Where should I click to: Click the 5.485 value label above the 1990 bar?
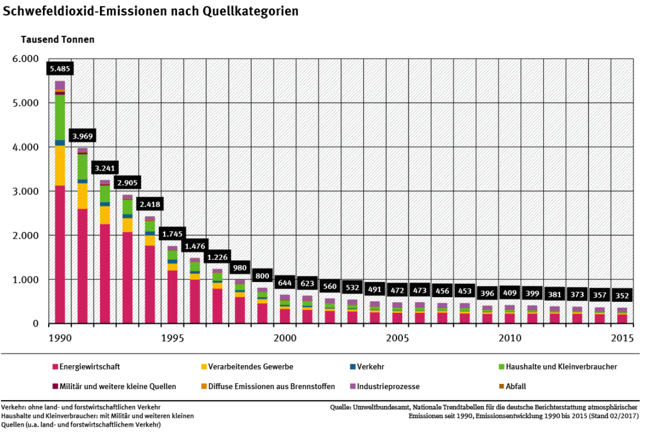[59, 69]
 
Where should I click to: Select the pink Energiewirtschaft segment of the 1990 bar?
[59, 254]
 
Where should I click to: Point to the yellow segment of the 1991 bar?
[82, 196]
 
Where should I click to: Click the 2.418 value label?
[150, 204]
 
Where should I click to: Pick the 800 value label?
[263, 276]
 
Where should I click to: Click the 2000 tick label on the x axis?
[284, 338]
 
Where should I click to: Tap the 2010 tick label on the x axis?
[509, 338]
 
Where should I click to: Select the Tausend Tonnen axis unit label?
[58, 40]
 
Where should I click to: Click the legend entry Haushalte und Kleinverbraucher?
[561, 366]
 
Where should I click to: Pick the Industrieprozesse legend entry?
[388, 386]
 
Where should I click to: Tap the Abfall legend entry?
[516, 386]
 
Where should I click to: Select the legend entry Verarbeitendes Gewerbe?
[250, 366]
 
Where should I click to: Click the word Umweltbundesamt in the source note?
[377, 407]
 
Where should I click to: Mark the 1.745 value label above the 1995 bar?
[172, 233]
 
